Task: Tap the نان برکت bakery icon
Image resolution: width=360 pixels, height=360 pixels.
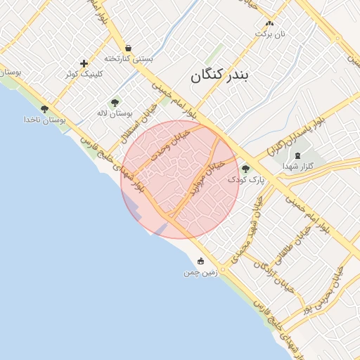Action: pyautogui.click(x=269, y=23)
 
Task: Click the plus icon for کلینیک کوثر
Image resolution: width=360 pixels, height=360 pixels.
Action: pyautogui.click(x=84, y=63)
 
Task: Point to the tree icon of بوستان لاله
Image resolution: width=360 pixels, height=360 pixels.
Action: pyautogui.click(x=115, y=103)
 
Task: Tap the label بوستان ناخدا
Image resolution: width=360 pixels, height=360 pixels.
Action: pyautogui.click(x=44, y=120)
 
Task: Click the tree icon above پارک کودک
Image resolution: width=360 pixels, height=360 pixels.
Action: pyautogui.click(x=245, y=169)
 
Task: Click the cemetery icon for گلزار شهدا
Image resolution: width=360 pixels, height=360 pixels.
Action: pyautogui.click(x=297, y=155)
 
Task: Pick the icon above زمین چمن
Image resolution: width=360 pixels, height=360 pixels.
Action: pyautogui.click(x=202, y=261)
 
